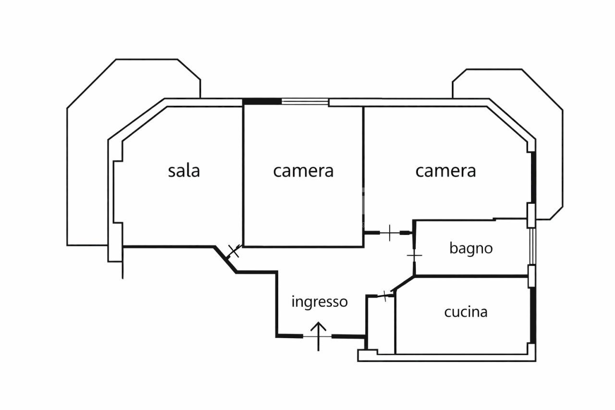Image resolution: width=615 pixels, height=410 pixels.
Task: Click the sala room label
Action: [184, 171]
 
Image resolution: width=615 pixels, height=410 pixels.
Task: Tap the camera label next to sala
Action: [303, 171]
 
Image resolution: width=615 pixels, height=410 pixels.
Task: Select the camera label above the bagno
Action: [445, 171]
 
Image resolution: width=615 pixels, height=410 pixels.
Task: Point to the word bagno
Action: [471, 248]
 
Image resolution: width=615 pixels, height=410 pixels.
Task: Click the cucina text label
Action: [466, 312]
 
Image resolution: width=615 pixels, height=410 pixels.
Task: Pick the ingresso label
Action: [320, 302]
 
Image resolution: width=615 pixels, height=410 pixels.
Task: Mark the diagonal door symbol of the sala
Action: [234, 250]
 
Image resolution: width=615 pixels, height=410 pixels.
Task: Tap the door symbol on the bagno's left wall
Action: [414, 255]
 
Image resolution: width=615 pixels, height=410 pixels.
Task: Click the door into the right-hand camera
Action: [389, 233]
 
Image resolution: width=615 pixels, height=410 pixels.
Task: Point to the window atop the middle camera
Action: [305, 101]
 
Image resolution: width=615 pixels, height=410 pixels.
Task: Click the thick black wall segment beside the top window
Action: [262, 101]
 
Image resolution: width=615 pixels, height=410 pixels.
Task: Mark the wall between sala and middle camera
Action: [243, 175]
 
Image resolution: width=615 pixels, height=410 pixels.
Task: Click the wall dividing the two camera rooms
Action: [363, 168]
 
